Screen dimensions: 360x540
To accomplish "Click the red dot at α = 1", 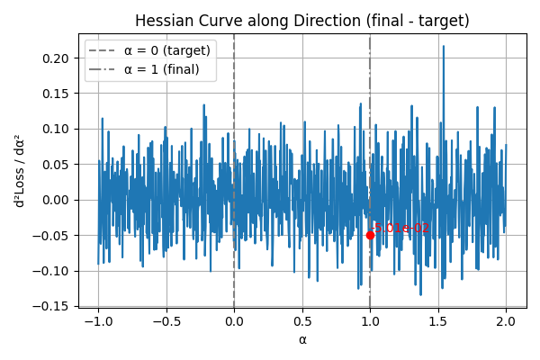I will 370,235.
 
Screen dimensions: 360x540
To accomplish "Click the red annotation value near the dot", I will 401,228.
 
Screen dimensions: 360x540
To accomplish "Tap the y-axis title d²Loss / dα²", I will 19,171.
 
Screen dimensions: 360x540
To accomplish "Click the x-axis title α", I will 302,340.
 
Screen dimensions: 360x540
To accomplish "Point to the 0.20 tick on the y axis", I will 57,58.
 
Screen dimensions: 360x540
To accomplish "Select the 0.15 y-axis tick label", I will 57,94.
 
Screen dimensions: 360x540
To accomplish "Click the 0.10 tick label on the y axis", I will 57,129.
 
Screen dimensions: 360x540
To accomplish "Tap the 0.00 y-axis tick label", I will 57,200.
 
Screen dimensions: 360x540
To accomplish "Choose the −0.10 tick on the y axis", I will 53,271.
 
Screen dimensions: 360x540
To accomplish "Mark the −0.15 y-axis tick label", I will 53,306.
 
